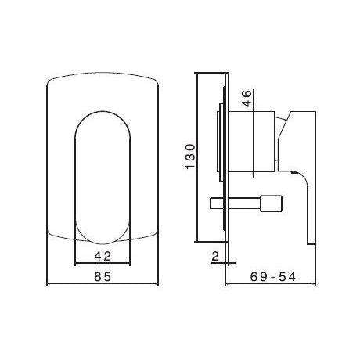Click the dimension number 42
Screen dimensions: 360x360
[103, 255]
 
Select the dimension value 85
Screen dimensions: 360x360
[103, 276]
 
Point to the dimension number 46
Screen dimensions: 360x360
[247, 98]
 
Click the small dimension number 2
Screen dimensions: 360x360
[213, 254]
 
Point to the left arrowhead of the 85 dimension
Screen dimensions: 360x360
[51, 285]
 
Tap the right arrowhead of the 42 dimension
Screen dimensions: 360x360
[130, 264]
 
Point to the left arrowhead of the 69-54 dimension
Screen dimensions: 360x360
[228, 285]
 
